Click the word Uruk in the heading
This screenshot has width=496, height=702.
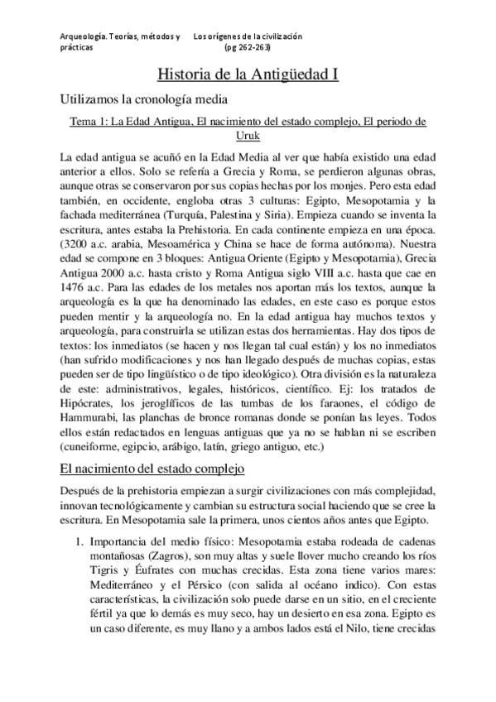tap(248, 136)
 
